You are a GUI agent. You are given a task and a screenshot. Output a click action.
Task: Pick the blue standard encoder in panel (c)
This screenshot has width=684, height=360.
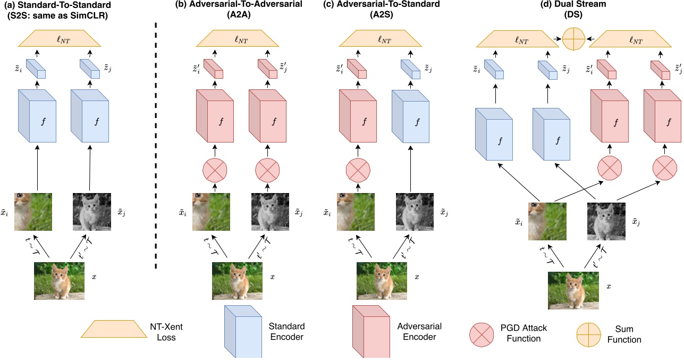click(x=410, y=117)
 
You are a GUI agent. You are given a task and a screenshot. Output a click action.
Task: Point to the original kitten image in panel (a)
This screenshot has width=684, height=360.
click(x=60, y=277)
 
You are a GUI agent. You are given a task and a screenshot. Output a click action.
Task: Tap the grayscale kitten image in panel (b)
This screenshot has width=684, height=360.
click(x=269, y=213)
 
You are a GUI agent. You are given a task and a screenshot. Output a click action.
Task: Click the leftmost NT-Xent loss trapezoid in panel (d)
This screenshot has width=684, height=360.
click(x=516, y=39)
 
